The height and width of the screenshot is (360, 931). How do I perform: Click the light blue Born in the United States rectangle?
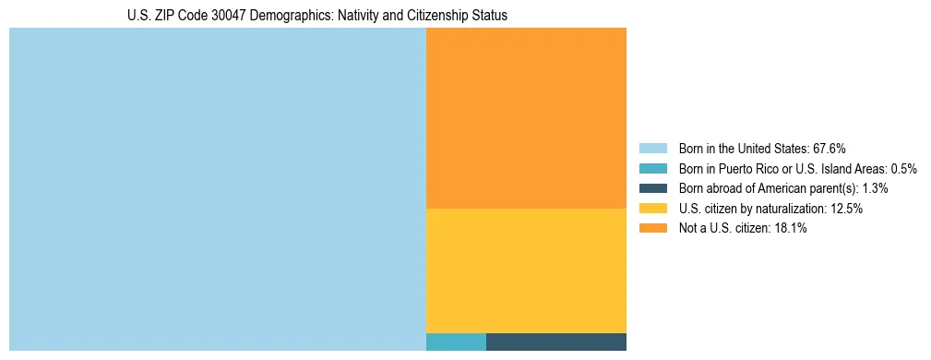(217, 189)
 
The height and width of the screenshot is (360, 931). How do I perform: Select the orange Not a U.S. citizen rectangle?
(526, 118)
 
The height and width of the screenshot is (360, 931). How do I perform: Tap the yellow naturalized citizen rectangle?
(526, 270)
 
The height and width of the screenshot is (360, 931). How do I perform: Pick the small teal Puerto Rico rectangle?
(456, 342)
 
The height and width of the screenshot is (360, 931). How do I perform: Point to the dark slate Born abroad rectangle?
(555, 342)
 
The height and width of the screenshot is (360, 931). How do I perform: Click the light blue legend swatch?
(652, 148)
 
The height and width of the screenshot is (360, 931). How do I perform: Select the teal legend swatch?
(652, 168)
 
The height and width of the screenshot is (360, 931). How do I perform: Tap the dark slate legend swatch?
(652, 188)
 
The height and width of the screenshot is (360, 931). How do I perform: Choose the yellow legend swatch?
(652, 209)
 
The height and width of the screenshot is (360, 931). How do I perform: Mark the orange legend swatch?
(652, 228)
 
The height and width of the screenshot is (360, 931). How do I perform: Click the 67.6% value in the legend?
(829, 148)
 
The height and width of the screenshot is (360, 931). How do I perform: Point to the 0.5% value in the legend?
(903, 168)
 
